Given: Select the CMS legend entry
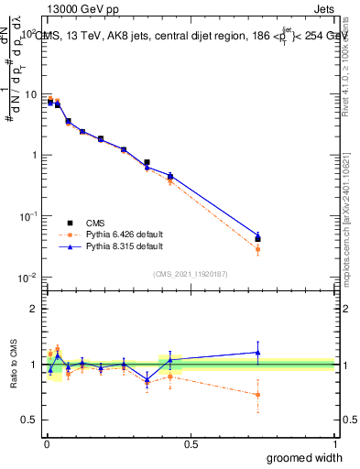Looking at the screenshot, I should [x=96, y=223].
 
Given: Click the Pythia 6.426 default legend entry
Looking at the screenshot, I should [x=119, y=234].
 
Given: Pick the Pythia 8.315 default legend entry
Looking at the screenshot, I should [x=119, y=246].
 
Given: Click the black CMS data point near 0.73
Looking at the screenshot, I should [x=257, y=239].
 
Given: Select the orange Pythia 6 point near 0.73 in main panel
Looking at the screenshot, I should [x=257, y=249].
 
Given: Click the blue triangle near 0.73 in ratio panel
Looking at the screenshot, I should [x=257, y=353].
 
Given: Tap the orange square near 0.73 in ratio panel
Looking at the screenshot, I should [x=257, y=395].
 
